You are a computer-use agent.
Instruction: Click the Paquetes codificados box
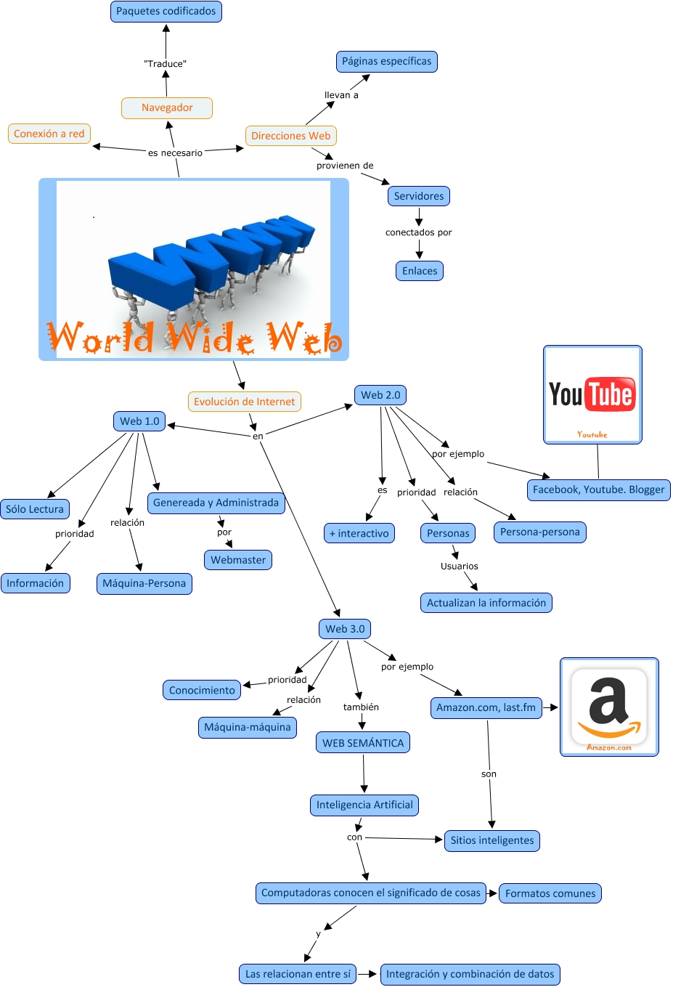(166, 12)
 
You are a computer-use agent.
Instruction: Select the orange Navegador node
(167, 107)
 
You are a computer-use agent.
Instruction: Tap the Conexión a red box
(49, 134)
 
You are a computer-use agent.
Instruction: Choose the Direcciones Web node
(290, 136)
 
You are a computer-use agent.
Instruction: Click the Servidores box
(419, 196)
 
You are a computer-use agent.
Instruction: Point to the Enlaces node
(420, 271)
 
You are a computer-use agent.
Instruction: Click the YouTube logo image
(592, 394)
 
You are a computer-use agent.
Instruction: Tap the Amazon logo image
(609, 707)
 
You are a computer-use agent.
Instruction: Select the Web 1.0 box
(139, 421)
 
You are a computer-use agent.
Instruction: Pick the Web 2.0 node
(380, 395)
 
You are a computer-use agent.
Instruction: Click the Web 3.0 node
(345, 629)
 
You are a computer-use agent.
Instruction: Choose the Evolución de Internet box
(245, 402)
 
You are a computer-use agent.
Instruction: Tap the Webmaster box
(238, 560)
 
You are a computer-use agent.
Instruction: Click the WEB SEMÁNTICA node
(363, 743)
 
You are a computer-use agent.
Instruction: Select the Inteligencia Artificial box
(364, 805)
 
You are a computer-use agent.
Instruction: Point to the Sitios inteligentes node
(492, 840)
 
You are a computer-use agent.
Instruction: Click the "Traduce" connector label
(166, 64)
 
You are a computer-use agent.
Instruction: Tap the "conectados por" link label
(419, 232)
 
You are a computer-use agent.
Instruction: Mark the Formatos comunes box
(550, 893)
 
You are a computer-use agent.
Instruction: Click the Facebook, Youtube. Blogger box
(599, 490)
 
